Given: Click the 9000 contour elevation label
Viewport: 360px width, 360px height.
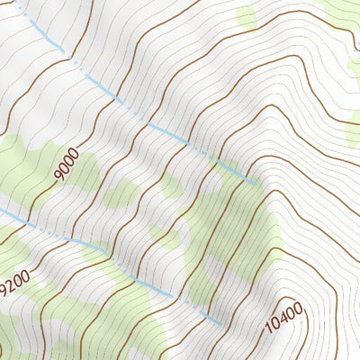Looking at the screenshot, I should pos(65,166).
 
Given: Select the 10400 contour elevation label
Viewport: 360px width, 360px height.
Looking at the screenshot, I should pos(285,316).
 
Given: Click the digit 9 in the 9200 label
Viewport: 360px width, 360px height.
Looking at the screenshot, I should pos(6,291).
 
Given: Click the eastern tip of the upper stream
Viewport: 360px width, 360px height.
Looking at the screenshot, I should pos(258,184).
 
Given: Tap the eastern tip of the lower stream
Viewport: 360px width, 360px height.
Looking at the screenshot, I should pos(222,323).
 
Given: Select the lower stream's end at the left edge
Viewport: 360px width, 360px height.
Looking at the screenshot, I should pos(2,211).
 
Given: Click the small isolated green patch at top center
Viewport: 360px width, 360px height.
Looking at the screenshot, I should pos(246,16).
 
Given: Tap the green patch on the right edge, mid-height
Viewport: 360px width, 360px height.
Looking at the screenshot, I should pos(353,133).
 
